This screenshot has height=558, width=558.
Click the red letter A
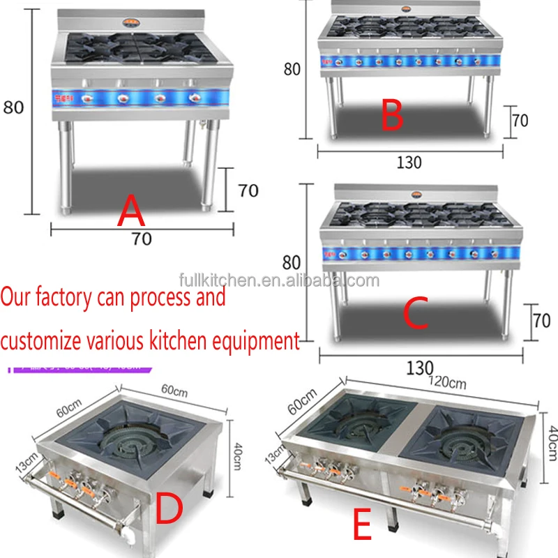(x=132, y=211)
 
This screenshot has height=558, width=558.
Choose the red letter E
(x=361, y=525)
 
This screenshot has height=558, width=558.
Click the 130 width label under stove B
(x=409, y=162)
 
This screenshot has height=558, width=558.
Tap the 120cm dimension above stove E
(x=447, y=382)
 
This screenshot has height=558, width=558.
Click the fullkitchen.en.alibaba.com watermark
(x=278, y=280)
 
